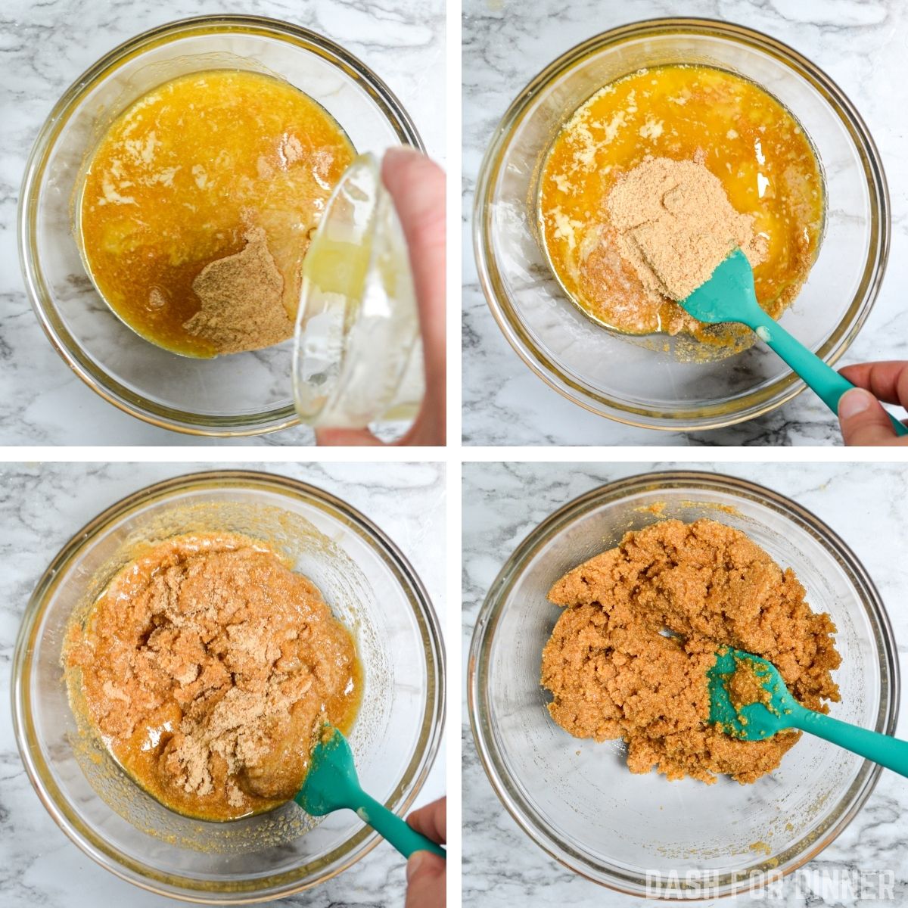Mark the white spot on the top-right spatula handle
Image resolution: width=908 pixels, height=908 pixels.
click(x=763, y=333)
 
